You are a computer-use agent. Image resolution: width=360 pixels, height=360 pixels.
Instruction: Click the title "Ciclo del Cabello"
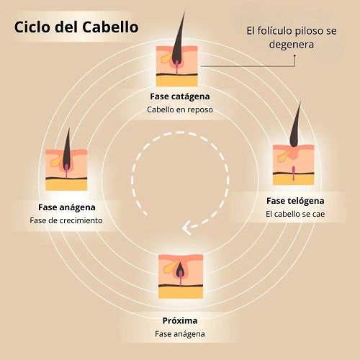(76, 27)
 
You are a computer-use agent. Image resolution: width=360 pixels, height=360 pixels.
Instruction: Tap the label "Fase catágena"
(180, 96)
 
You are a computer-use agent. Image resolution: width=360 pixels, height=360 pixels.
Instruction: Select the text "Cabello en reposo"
(180, 109)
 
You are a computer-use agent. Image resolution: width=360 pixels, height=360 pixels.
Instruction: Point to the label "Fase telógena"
(295, 201)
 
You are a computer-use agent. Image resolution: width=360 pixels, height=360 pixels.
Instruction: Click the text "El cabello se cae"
(295, 214)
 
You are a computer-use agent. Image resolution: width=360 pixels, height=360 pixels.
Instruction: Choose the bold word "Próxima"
(180, 320)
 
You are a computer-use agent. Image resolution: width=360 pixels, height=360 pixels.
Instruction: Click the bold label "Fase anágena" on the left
(67, 207)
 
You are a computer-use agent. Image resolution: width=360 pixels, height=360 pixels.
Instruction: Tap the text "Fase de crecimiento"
(66, 220)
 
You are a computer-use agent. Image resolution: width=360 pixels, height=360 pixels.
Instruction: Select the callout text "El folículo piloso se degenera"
(292, 37)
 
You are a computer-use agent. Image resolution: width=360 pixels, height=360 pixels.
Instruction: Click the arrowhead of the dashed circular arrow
(186, 228)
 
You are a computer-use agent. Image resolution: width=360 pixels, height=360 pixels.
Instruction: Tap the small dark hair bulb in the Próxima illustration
(180, 270)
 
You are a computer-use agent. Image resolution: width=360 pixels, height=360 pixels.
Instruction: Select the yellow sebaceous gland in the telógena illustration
(283, 157)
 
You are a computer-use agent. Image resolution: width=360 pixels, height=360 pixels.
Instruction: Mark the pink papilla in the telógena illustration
(293, 173)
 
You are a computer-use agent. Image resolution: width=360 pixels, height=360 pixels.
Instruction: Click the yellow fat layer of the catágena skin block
(177, 81)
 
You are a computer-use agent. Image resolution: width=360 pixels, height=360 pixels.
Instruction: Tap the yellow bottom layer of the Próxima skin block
(181, 292)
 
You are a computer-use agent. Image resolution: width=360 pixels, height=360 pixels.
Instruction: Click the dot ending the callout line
(294, 55)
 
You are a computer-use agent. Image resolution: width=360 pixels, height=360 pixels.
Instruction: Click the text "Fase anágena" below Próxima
(180, 334)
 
